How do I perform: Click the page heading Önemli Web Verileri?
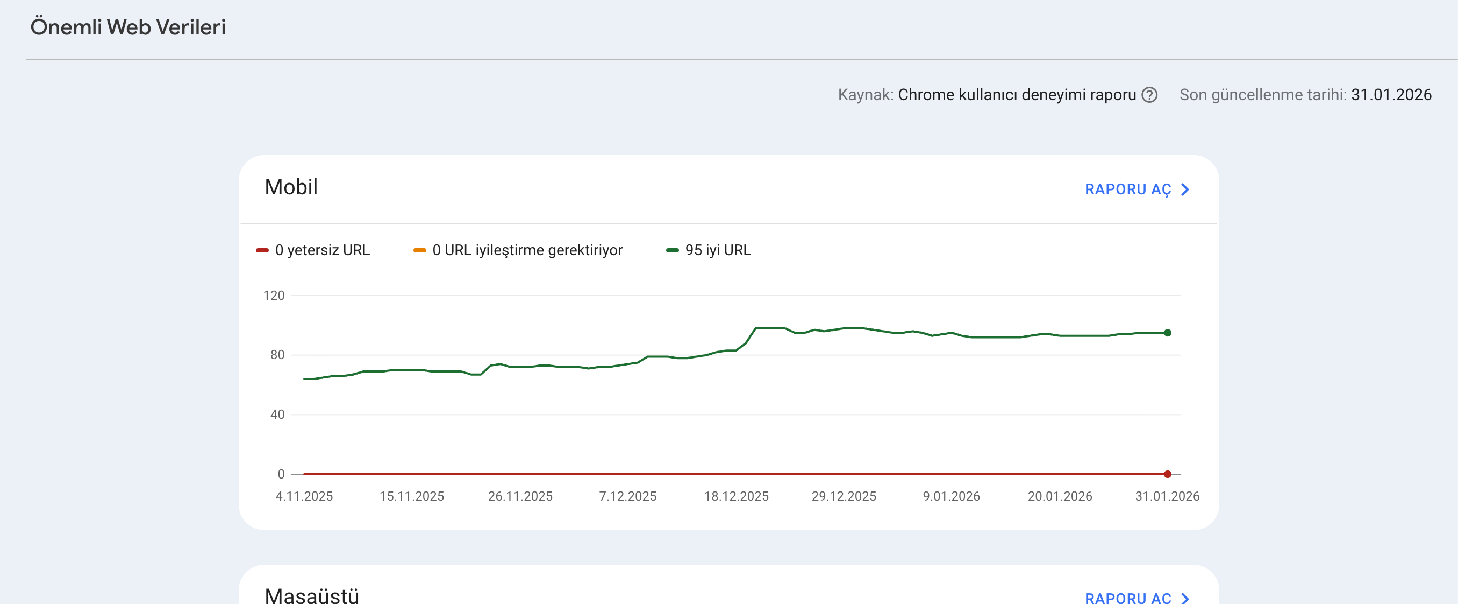[x=128, y=27]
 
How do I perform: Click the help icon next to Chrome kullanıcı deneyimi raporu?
[x=1149, y=95]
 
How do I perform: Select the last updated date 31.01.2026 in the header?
[x=1391, y=95]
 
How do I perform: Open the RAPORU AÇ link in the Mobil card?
[x=1137, y=189]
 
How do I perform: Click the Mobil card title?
[x=291, y=187]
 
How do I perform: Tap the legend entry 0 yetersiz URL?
[x=313, y=250]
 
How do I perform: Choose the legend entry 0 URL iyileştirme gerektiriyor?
[x=518, y=250]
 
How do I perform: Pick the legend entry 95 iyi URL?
[x=709, y=250]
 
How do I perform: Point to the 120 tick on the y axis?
[x=274, y=295]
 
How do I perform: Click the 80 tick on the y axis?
[x=277, y=355]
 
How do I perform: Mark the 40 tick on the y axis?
[x=277, y=414]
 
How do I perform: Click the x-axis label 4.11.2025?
[x=304, y=496]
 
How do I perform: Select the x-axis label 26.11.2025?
[x=520, y=496]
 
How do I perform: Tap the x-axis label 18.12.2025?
[x=737, y=496]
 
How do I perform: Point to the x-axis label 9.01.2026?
[x=952, y=496]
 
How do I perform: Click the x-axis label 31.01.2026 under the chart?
[x=1168, y=496]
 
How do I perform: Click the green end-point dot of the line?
[x=1168, y=333]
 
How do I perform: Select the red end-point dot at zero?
[x=1168, y=474]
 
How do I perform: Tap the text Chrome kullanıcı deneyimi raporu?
[x=1017, y=95]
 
